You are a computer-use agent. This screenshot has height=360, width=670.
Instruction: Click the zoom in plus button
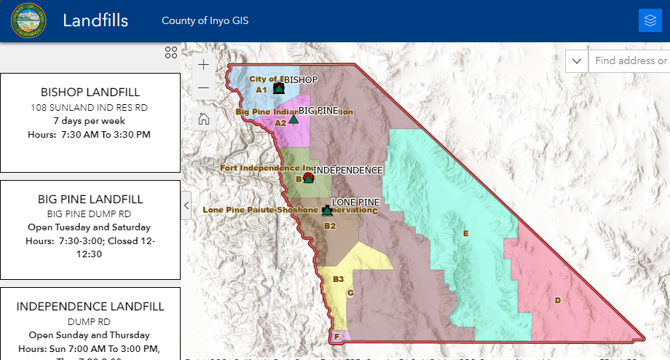coord(204,64)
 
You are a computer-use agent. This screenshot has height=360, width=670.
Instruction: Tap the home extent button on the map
coord(204,120)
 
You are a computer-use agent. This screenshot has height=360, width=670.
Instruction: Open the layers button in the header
coord(650,20)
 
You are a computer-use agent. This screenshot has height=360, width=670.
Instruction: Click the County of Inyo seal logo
coord(28,20)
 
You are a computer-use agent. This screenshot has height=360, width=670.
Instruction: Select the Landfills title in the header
coord(95,20)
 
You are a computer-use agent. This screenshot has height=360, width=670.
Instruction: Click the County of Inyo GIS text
coord(205,20)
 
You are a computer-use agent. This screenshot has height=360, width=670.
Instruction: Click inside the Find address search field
coord(631,61)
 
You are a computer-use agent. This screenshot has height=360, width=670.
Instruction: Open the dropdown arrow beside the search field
coord(577,61)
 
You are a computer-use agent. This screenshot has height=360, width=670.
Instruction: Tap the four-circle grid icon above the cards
coord(171,52)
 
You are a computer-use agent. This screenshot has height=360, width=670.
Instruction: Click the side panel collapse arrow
coord(186,206)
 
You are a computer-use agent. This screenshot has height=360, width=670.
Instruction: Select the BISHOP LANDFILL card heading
coord(90,93)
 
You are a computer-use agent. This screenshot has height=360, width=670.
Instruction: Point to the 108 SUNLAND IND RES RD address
coord(90,107)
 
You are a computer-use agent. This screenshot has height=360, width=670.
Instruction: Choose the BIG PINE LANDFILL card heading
coord(90,199)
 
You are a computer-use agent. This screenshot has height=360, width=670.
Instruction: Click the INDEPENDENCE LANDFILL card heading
coord(90,307)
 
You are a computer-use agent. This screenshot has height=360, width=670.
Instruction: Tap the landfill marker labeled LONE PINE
coord(327,211)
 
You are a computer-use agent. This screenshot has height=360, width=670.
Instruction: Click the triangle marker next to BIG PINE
coord(293,119)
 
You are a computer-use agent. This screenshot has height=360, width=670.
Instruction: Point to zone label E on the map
coord(465,233)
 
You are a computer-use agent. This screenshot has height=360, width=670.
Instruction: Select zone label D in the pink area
coord(558,300)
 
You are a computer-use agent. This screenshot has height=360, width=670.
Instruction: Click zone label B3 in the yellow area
coord(338,279)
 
